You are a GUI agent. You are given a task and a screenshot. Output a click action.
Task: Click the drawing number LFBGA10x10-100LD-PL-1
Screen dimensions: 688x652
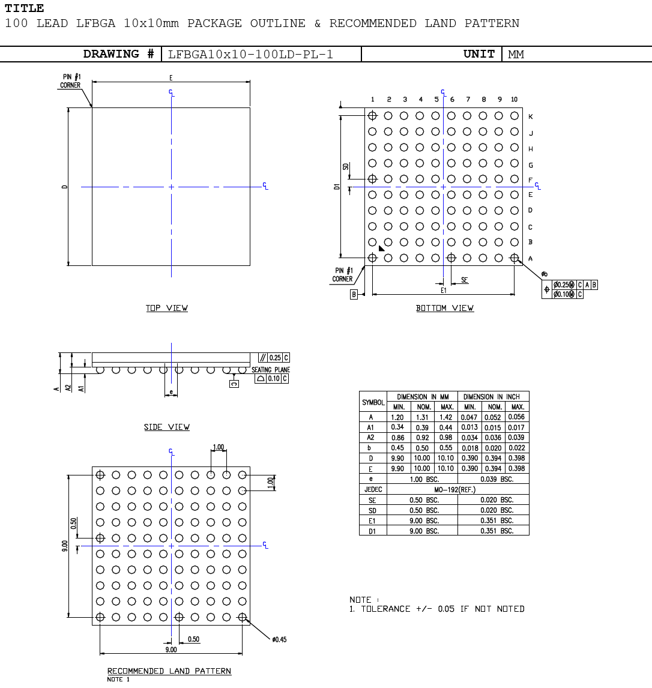point(250,55)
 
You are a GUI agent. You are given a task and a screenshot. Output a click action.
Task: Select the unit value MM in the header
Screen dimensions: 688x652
point(516,55)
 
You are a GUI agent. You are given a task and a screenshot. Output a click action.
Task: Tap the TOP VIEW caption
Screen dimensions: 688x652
point(167,308)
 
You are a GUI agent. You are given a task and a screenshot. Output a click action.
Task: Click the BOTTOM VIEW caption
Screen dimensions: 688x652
point(445,308)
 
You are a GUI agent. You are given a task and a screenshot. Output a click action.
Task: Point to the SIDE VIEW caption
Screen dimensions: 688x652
point(167,427)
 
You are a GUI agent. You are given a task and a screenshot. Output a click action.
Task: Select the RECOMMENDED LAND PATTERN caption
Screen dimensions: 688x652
point(169,671)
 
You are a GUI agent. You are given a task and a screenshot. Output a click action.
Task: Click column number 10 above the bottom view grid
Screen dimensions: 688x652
point(514,100)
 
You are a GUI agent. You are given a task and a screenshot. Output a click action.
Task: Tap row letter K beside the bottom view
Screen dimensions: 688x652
point(530,117)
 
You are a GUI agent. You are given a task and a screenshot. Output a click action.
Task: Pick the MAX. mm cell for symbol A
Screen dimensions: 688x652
point(446,417)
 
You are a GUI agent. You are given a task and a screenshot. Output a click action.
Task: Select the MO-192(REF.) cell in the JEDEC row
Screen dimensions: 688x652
point(457,489)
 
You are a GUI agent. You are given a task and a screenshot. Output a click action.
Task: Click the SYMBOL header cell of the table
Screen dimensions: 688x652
point(373,402)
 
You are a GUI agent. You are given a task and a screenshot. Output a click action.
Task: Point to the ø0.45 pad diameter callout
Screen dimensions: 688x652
point(279,639)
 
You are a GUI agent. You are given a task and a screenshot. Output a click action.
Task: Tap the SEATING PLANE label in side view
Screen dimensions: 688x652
point(270,370)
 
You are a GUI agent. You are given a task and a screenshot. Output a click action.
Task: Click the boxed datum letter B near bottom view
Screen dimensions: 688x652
point(354,295)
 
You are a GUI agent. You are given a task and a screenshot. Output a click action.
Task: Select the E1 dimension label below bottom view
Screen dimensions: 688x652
point(444,290)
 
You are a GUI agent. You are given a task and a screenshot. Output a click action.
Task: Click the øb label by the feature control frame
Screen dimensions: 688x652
point(544,274)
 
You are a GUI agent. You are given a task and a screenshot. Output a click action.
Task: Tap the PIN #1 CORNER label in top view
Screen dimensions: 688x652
point(70,81)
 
